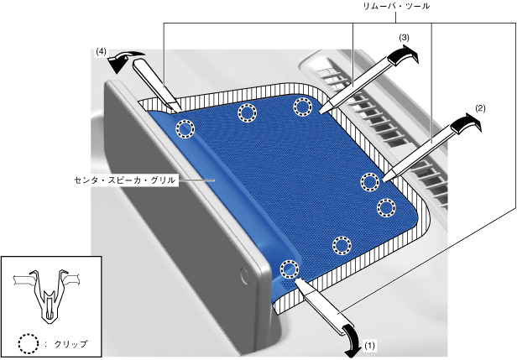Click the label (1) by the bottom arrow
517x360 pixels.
coord(372,344)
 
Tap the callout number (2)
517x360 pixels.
coord(480,108)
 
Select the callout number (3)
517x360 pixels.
coord(404,39)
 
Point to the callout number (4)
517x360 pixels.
coord(101,52)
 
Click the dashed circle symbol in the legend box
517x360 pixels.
coord(29,344)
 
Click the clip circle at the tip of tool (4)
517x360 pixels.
coord(185,128)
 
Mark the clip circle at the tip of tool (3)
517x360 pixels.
coord(303,105)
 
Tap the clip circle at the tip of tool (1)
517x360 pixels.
coord(289,269)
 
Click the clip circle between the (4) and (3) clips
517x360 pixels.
coord(247,112)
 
